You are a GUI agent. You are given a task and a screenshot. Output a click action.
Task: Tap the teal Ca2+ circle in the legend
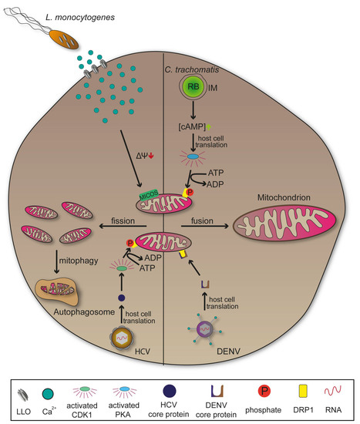coord(57,392)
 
